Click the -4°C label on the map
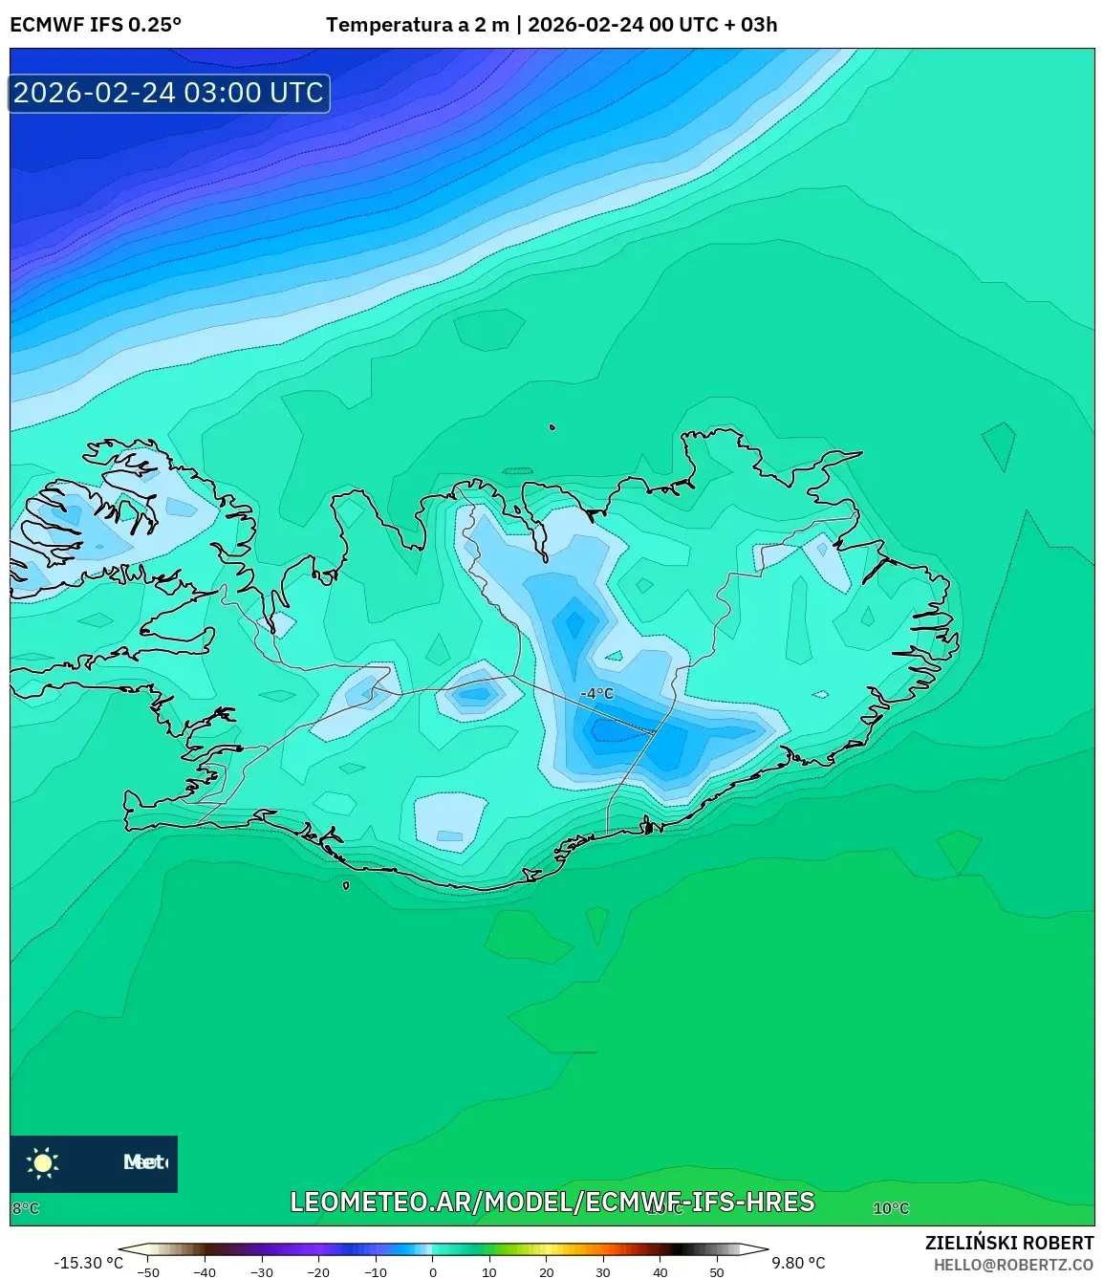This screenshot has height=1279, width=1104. pyautogui.click(x=597, y=693)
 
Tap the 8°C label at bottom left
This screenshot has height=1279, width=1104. pyautogui.click(x=26, y=1208)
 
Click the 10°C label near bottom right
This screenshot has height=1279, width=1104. pyautogui.click(x=891, y=1208)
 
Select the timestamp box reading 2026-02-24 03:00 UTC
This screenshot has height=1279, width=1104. pyautogui.click(x=169, y=93)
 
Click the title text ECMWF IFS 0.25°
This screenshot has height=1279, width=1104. pyautogui.click(x=96, y=25)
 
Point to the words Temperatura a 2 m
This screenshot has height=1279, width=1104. pyautogui.click(x=418, y=25)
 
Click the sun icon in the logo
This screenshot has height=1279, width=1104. pyautogui.click(x=43, y=1162)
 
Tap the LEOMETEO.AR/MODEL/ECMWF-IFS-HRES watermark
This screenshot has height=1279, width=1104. pyautogui.click(x=552, y=1202)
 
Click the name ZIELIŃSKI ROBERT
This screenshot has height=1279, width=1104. pyautogui.click(x=1009, y=1243)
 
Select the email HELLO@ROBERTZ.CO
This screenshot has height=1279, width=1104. pyautogui.click(x=1013, y=1265)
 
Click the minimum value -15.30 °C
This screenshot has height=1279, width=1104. pyautogui.click(x=89, y=1263)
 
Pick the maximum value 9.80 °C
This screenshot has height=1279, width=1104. pyautogui.click(x=798, y=1263)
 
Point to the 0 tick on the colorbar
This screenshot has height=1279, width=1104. pyautogui.click(x=433, y=1272)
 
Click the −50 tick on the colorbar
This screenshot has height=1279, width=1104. pyautogui.click(x=148, y=1272)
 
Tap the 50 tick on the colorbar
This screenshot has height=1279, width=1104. pyautogui.click(x=717, y=1272)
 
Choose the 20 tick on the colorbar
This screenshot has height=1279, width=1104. pyautogui.click(x=547, y=1272)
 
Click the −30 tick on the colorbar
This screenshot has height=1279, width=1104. pyautogui.click(x=262, y=1272)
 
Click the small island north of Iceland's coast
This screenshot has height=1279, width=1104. pyautogui.click(x=552, y=428)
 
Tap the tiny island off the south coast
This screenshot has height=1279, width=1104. pyautogui.click(x=346, y=885)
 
